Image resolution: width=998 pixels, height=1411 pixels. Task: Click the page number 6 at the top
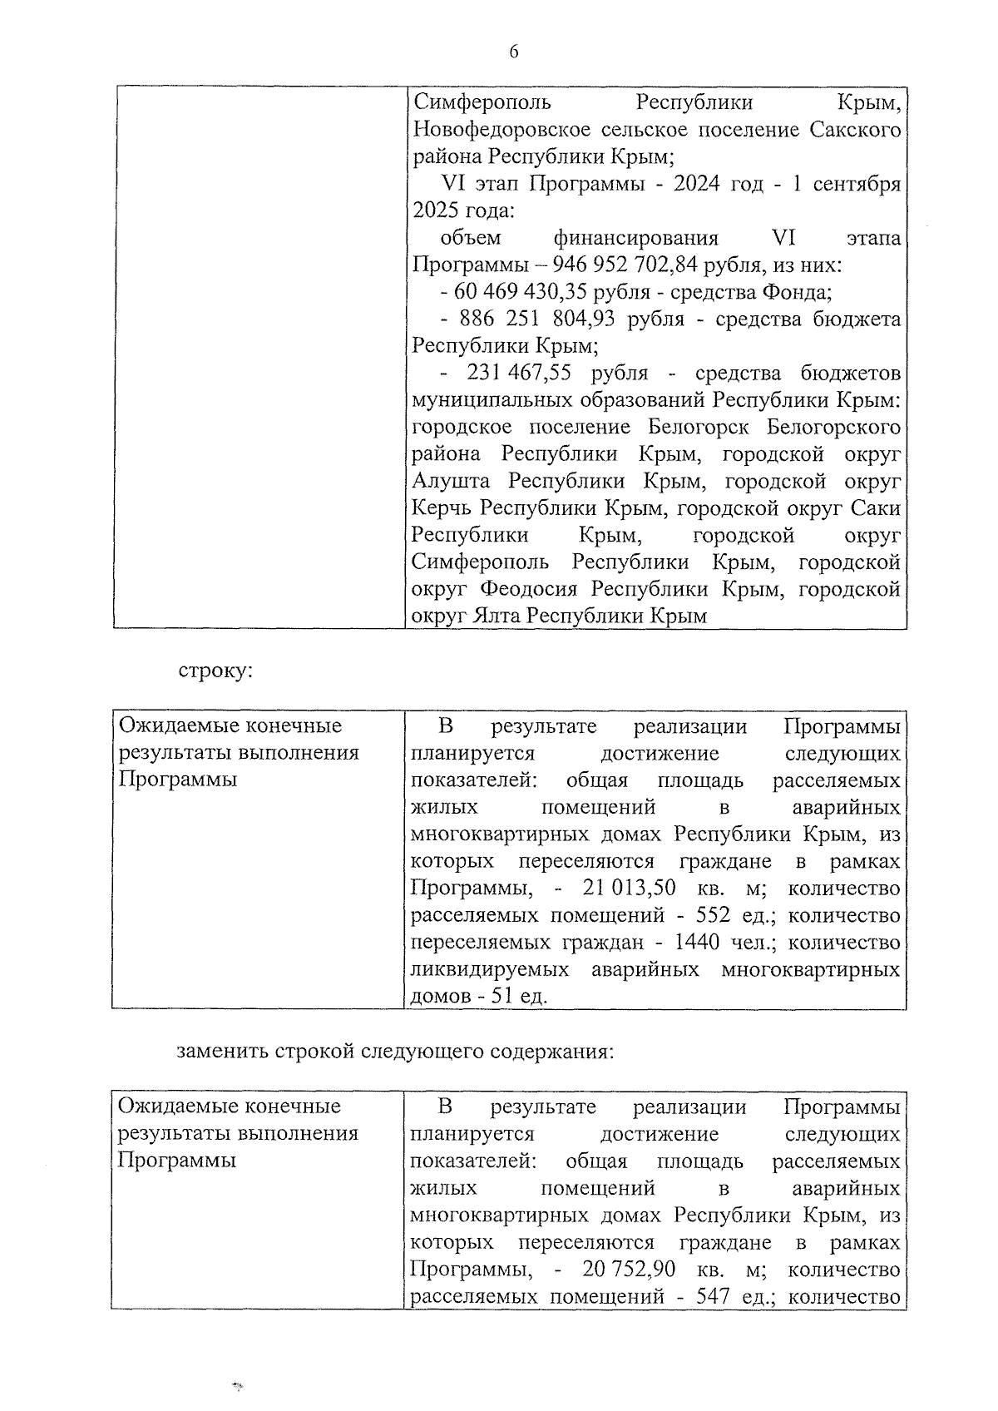click(513, 52)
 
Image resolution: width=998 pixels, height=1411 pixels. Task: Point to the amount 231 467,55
click(519, 374)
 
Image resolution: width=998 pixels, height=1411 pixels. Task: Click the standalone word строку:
click(214, 671)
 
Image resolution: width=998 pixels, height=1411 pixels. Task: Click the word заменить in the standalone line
click(220, 1051)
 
